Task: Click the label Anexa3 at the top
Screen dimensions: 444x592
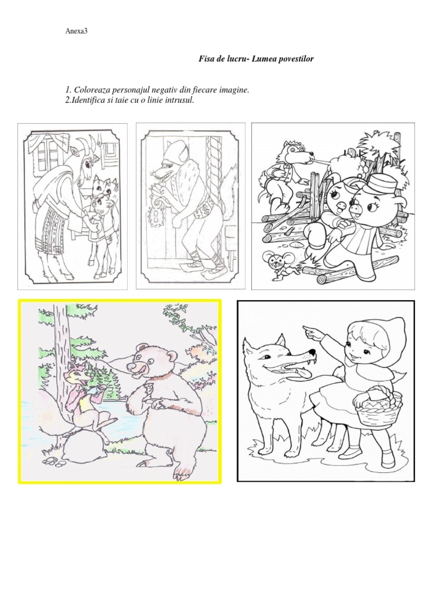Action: point(76,31)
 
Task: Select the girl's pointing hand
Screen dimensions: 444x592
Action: point(312,331)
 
